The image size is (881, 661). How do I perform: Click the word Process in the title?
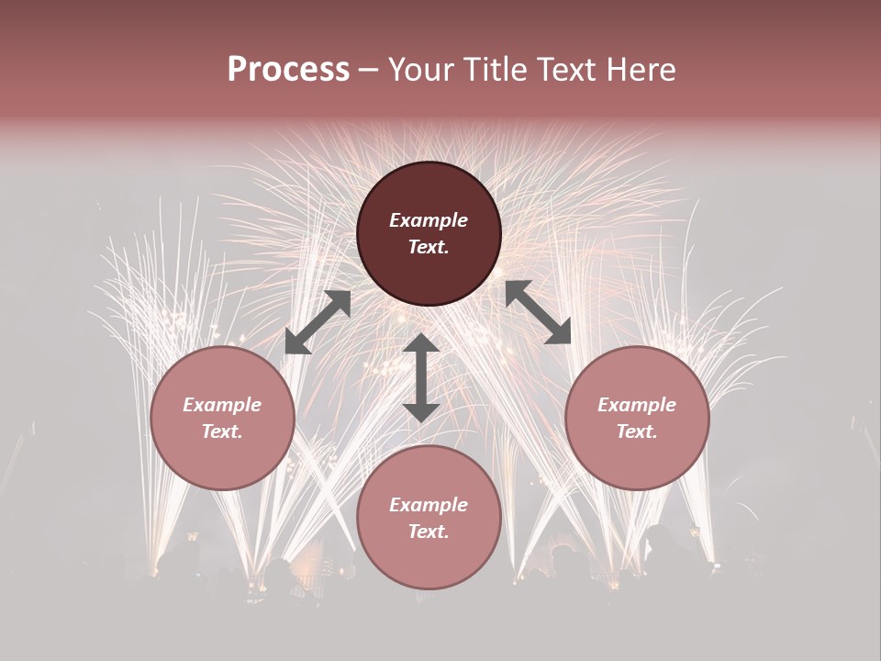tap(288, 70)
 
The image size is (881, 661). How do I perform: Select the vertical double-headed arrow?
tap(421, 377)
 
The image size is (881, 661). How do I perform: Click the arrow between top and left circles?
tap(318, 321)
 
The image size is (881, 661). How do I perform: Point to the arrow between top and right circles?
tap(538, 312)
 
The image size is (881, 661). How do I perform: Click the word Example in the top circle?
tap(429, 220)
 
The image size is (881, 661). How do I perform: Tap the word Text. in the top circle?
tap(429, 247)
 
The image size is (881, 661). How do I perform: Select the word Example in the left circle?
tap(222, 405)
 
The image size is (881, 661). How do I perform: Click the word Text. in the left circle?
tap(222, 431)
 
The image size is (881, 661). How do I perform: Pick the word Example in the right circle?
tap(637, 405)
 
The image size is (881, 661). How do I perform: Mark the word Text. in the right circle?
tap(637, 431)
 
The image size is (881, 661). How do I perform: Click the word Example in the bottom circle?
tap(429, 505)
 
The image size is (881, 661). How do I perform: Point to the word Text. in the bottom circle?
tap(429, 532)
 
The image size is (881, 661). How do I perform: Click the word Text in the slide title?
tap(570, 70)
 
